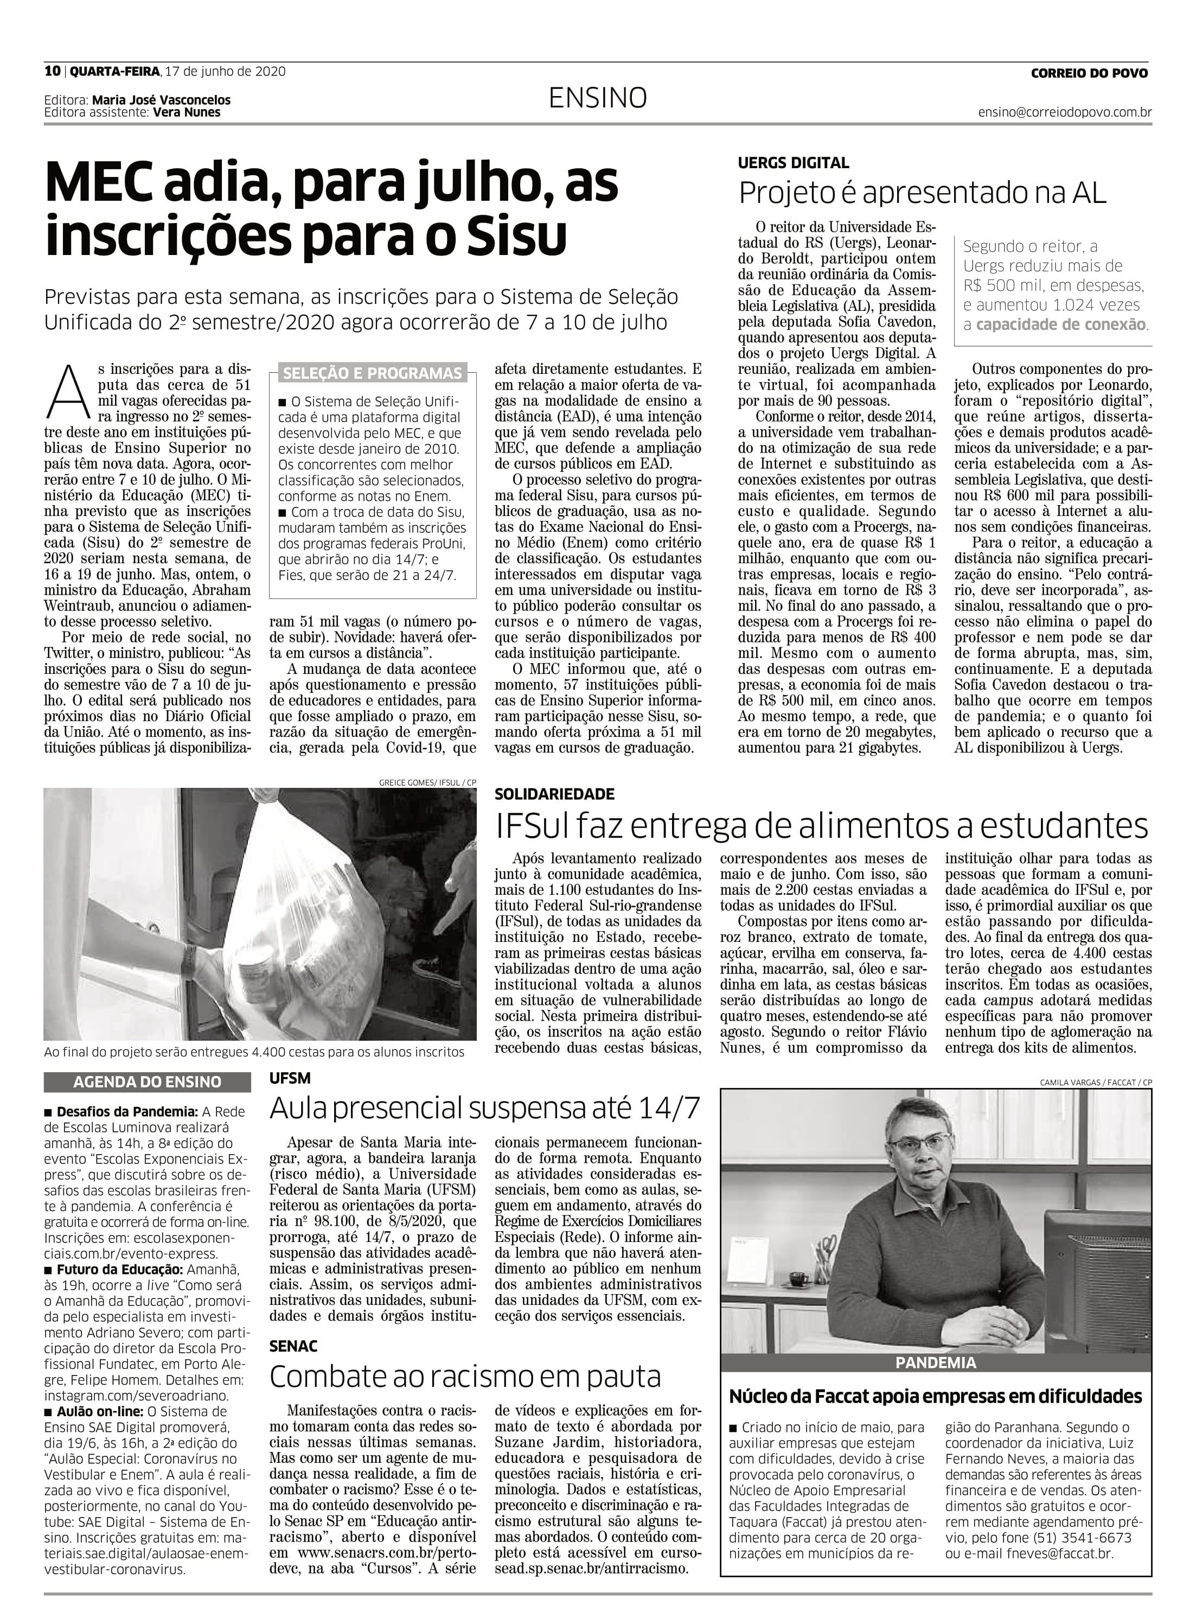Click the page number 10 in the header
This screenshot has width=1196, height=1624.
point(52,71)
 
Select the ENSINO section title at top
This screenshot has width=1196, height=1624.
point(597,98)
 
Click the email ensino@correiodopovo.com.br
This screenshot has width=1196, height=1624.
point(1064,113)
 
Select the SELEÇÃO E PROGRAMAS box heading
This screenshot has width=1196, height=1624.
point(372,374)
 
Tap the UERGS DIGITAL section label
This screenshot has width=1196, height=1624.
point(794,163)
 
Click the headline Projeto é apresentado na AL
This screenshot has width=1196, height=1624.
point(922,193)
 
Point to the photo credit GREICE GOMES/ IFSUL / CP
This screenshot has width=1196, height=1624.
point(427,782)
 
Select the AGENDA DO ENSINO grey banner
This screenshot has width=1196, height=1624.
point(147,1082)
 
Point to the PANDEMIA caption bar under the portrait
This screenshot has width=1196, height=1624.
point(935,1362)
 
